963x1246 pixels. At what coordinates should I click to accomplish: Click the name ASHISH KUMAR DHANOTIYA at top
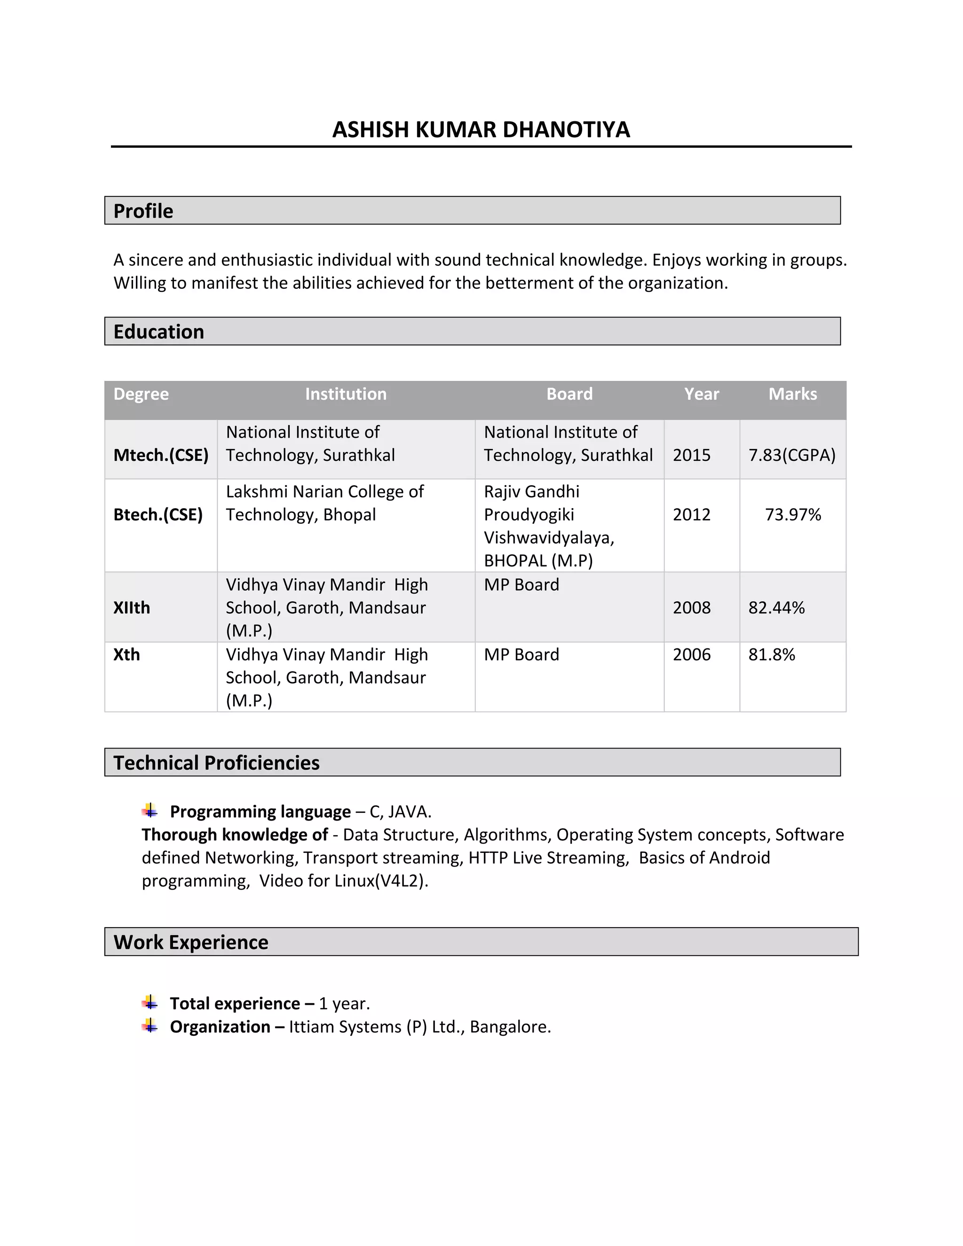[481, 130]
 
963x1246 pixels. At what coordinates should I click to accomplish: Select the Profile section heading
[143, 211]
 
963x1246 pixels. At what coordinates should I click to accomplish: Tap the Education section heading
[158, 332]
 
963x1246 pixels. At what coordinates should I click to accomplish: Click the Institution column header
[346, 394]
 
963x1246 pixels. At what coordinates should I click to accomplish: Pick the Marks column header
[792, 394]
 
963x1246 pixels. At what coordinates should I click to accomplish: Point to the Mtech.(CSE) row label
[161, 455]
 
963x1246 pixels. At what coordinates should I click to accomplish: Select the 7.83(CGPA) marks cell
[792, 455]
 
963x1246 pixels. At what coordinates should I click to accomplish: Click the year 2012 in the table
[691, 514]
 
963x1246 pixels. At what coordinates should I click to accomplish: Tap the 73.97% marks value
[793, 514]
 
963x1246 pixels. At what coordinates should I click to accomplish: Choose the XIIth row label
[132, 607]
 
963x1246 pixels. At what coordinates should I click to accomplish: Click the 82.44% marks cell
[776, 607]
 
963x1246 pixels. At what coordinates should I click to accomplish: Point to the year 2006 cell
[691, 655]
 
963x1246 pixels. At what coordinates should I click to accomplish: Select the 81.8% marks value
[771, 655]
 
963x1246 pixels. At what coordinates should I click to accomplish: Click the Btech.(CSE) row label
[158, 514]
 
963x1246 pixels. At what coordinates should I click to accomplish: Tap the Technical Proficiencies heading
[216, 763]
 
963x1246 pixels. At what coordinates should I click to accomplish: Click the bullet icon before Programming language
[150, 811]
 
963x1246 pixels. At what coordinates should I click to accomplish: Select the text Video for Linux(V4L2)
[343, 881]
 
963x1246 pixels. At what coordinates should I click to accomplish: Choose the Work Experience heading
[190, 942]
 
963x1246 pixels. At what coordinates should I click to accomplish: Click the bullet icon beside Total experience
[150, 1002]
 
